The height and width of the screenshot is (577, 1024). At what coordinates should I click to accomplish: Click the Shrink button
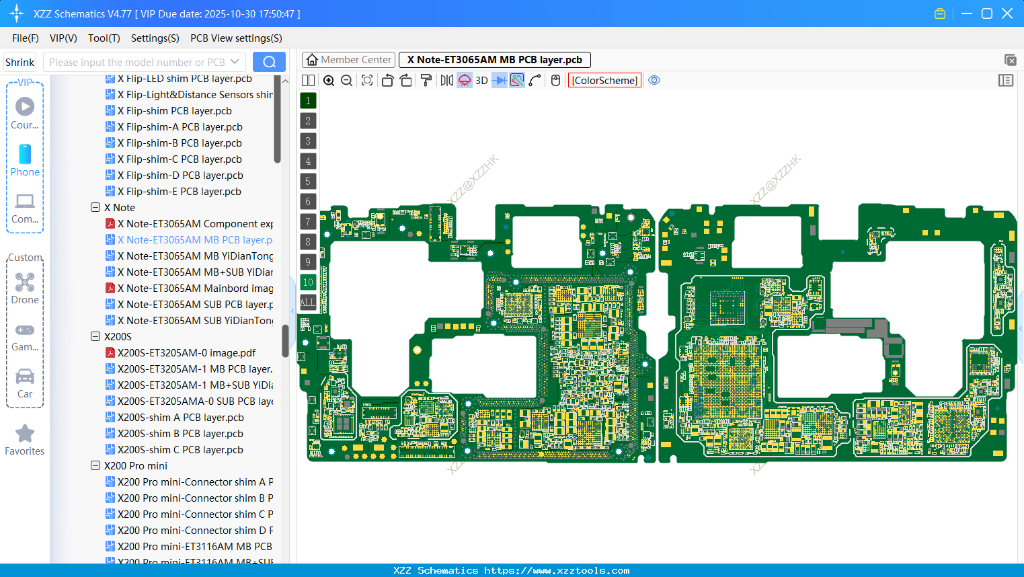point(19,63)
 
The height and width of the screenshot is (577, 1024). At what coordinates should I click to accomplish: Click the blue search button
point(269,62)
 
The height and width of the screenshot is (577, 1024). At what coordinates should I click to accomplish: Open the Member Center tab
point(348,60)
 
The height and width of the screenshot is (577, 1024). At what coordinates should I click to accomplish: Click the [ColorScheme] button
point(604,81)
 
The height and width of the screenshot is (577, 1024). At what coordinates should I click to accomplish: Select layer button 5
point(308,182)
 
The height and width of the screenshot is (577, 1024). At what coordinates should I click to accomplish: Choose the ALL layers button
point(308,303)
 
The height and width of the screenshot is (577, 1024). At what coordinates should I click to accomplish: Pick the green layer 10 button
point(308,282)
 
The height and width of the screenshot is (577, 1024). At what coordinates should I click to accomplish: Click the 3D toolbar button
point(481,81)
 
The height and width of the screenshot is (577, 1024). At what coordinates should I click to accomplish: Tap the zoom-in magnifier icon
point(329,81)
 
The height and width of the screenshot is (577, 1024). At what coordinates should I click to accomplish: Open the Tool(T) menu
point(104,38)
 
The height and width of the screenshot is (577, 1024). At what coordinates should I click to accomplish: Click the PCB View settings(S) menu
point(236,38)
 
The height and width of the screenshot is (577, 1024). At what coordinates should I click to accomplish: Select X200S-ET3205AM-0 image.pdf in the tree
point(186,353)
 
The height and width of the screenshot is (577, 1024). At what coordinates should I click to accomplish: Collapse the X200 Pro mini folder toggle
point(95,466)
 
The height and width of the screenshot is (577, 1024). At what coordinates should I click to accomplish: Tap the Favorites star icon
point(25,434)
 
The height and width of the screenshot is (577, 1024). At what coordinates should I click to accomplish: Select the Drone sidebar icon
point(25,282)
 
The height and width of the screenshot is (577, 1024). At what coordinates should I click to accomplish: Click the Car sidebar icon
point(25,377)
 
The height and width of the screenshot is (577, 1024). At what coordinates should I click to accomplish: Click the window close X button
point(1007,13)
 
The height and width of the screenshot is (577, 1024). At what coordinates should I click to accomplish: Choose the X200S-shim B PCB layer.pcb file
point(180,434)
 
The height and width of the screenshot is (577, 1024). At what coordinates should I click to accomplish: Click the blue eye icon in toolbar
point(654,81)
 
